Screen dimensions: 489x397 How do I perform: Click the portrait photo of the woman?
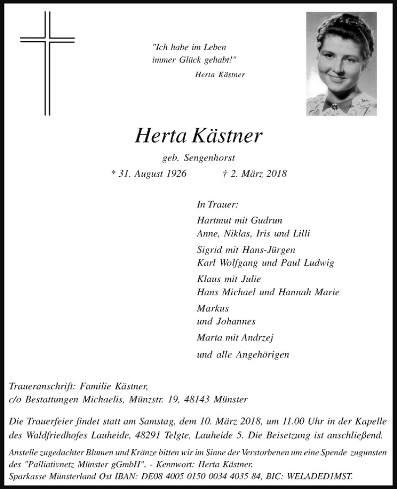tap(341, 63)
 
